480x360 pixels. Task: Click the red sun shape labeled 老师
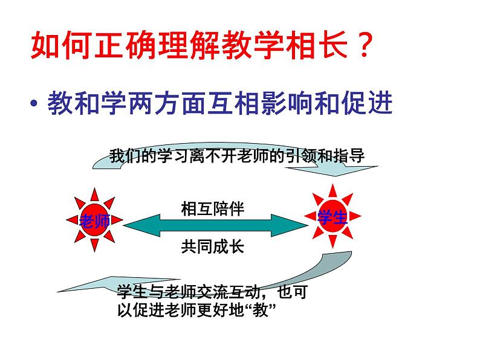[x=94, y=220]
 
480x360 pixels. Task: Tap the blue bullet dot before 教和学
[x=34, y=104]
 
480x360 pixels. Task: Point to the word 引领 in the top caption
[x=302, y=156]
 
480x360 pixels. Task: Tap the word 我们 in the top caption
[x=125, y=156]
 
